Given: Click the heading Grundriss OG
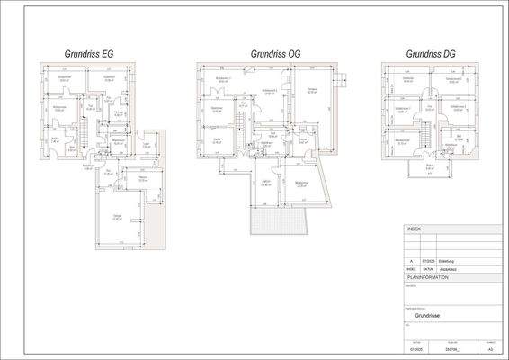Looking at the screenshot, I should pos(275,54).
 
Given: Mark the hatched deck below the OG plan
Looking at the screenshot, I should pos(279,216).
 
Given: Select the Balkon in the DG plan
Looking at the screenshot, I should pos(430,169).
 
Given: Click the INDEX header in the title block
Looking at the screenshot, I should pos(415,229).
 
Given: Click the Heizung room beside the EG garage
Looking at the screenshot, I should pos(144,180).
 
